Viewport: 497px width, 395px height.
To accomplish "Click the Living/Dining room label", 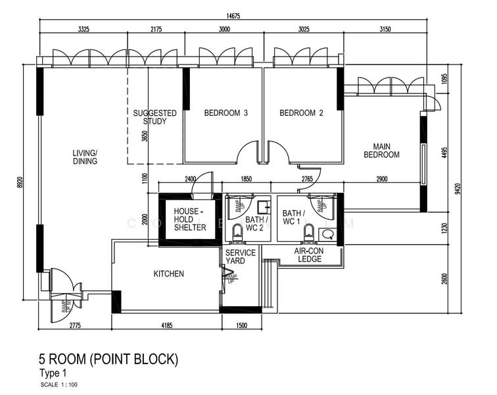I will tap(85, 157).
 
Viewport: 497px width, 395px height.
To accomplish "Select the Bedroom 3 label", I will tap(225, 113).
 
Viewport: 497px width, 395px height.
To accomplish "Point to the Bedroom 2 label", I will tap(301, 113).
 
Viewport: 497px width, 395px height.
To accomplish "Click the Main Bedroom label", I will tap(386, 151).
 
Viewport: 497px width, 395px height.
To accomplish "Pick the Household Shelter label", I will tap(189, 219).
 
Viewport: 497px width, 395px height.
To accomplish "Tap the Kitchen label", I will tap(169, 274).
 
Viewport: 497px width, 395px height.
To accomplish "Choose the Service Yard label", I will tap(235, 257).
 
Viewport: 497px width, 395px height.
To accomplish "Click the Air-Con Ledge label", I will tap(308, 255).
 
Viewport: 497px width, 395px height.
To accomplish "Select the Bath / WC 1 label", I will tap(293, 218).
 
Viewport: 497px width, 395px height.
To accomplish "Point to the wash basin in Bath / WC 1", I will tap(327, 233).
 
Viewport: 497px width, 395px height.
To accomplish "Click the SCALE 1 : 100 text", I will tap(59, 384).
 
